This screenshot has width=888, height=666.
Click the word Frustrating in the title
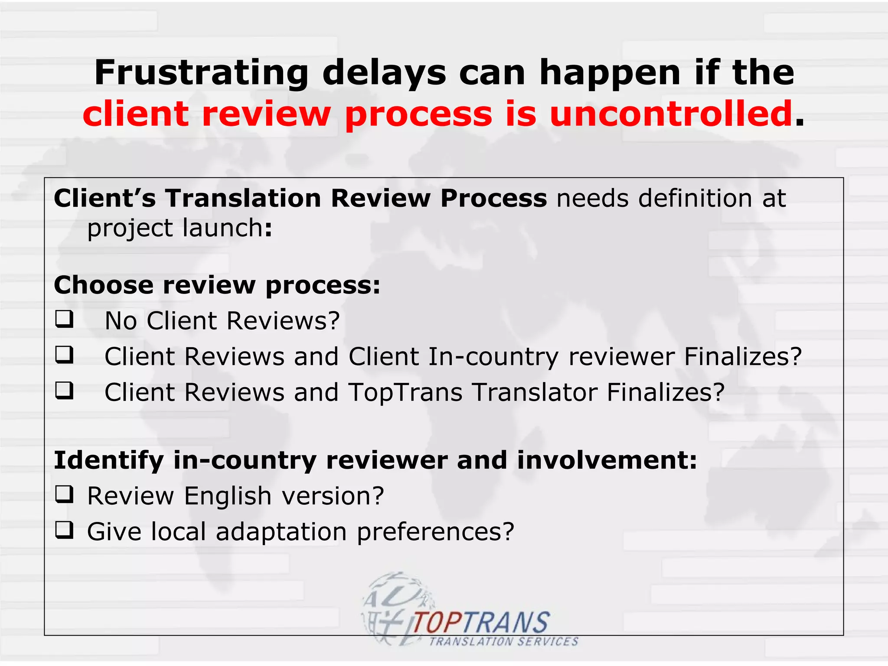click(x=201, y=72)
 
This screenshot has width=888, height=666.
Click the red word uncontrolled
click(x=671, y=114)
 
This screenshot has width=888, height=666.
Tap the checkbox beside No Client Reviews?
click(x=64, y=319)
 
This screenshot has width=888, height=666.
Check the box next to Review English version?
click(x=64, y=494)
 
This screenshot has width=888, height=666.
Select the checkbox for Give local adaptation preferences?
click(x=64, y=530)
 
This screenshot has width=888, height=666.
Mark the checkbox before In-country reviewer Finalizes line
click(x=64, y=355)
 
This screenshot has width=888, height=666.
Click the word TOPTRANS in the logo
click(x=481, y=623)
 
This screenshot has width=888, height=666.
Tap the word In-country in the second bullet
click(x=493, y=357)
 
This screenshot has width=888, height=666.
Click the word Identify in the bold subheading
click(x=108, y=460)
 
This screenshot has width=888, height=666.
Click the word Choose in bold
click(x=104, y=285)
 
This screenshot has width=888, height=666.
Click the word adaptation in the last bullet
click(x=281, y=532)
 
